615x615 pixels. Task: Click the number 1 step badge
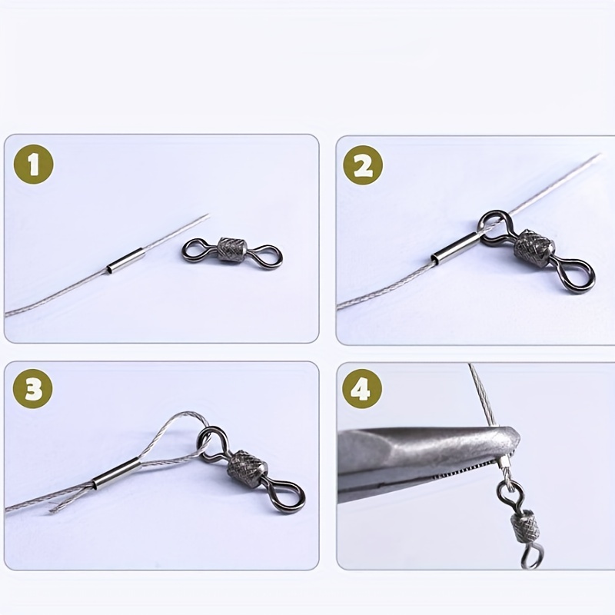32,165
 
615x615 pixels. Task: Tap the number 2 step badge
362,165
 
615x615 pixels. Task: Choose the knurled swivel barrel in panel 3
248,468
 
